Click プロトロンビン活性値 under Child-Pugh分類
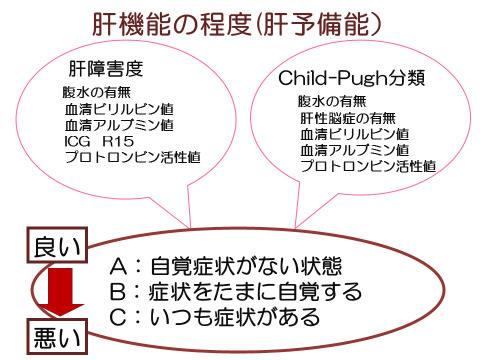[x=367, y=164]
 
